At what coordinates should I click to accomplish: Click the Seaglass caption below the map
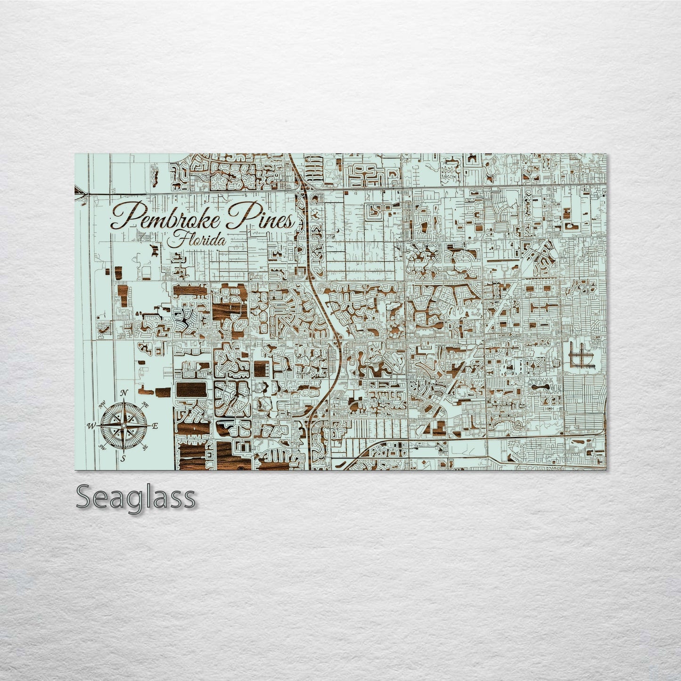pyautogui.click(x=135, y=497)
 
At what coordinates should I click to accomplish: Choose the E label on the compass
pyautogui.click(x=155, y=426)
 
